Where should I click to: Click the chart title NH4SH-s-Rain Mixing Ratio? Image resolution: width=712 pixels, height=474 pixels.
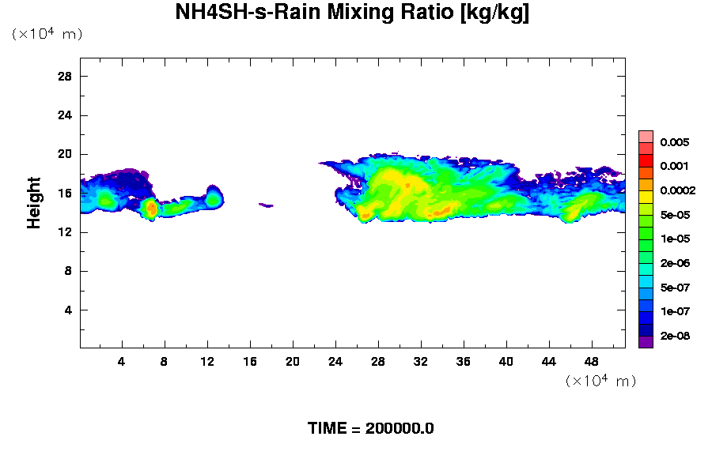coord(352,13)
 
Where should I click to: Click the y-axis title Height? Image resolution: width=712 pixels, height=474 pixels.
coord(34,203)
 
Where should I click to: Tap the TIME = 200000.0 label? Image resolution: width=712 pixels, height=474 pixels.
coord(370,429)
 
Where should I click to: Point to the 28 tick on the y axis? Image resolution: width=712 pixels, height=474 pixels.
coord(65,77)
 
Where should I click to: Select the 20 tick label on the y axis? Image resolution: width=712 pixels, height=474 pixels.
coord(65,154)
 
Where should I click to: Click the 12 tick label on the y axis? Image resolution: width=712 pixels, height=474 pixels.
coord(65,231)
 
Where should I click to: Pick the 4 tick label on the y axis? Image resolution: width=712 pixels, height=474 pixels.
coord(68,310)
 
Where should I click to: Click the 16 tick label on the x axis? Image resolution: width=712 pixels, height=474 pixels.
coord(250,362)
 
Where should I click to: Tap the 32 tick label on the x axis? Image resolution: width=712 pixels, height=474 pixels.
coord(421,362)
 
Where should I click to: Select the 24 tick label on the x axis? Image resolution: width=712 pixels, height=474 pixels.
coord(335,362)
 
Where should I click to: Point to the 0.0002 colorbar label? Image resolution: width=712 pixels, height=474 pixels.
coord(679,190)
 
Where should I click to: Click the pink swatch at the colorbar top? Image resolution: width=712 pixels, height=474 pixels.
coord(646,136)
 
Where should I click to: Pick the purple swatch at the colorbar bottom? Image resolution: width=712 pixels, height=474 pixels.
coord(646,342)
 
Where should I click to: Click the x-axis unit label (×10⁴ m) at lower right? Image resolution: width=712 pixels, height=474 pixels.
coord(600,382)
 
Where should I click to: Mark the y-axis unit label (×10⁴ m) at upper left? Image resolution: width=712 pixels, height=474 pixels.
coord(47,35)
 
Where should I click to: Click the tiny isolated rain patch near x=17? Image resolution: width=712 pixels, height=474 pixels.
coord(267,205)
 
